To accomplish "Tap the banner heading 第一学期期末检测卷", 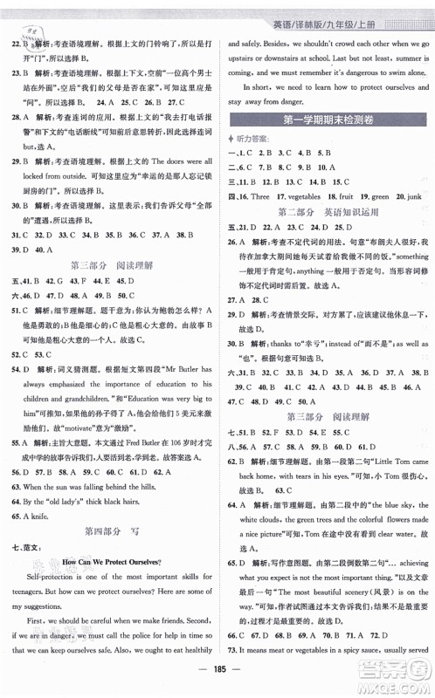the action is click(328, 120).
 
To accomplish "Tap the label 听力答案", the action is click(258, 137).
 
